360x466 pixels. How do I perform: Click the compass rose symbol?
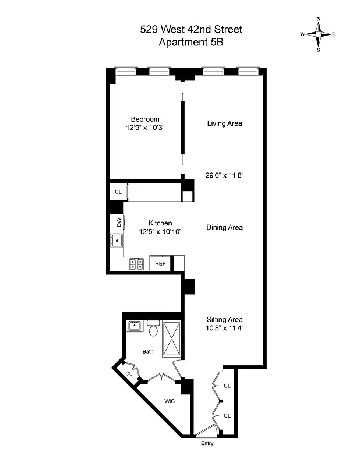pos(318,34)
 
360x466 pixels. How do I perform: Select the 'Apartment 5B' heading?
pos(183,42)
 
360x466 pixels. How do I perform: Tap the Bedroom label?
pos(144,119)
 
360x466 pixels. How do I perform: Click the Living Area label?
pos(224,123)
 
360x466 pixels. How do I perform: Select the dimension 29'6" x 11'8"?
pos(224,174)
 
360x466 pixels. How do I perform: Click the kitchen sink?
pos(117,239)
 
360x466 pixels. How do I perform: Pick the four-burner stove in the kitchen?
pos(137,264)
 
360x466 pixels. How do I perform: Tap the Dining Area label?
pos(224,227)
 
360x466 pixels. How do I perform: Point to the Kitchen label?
pos(160,223)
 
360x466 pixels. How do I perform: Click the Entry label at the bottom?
pos(207,443)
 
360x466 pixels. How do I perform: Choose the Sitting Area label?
pos(224,319)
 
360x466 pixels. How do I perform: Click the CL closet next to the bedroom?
pos(118,192)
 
